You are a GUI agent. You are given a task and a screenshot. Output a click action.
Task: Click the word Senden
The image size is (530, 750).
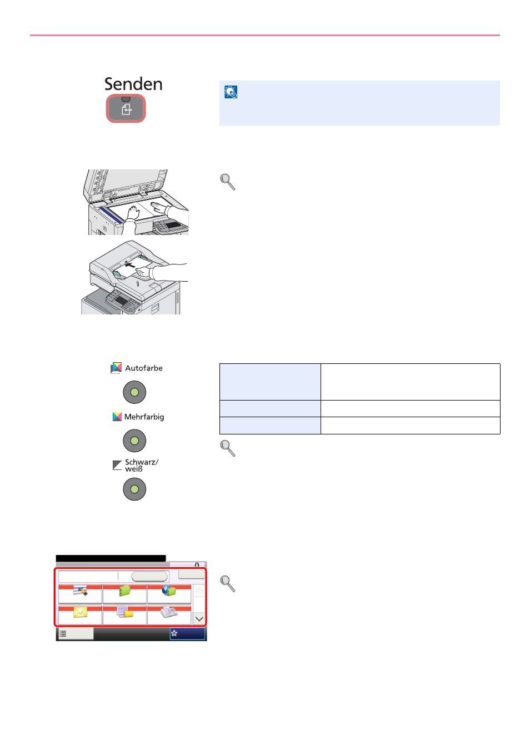[133, 84]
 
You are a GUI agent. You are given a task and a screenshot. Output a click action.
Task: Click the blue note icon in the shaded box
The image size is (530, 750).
[231, 92]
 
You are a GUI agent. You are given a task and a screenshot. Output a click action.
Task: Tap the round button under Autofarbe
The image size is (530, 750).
[134, 392]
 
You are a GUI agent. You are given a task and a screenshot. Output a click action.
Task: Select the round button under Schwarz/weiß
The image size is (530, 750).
[134, 489]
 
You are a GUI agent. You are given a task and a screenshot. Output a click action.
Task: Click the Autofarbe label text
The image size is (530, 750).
[144, 368]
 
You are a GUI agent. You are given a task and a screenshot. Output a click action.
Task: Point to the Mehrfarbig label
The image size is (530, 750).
[144, 417]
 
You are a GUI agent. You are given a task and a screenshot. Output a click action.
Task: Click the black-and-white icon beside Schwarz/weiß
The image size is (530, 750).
[117, 466]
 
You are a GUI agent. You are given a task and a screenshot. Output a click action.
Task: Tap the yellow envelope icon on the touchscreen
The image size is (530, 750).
[80, 612]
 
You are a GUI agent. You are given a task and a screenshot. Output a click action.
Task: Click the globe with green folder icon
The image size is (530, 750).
[169, 591]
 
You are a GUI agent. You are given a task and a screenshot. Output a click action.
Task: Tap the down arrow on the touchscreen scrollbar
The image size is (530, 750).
[199, 619]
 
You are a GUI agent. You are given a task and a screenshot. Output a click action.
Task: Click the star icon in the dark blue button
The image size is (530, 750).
[174, 633]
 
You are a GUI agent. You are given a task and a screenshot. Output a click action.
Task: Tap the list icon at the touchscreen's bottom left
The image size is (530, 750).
[63, 633]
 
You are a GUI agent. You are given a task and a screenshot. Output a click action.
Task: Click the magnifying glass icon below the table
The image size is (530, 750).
[228, 448]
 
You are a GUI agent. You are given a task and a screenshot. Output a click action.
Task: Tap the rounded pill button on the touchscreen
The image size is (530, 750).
[149, 576]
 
